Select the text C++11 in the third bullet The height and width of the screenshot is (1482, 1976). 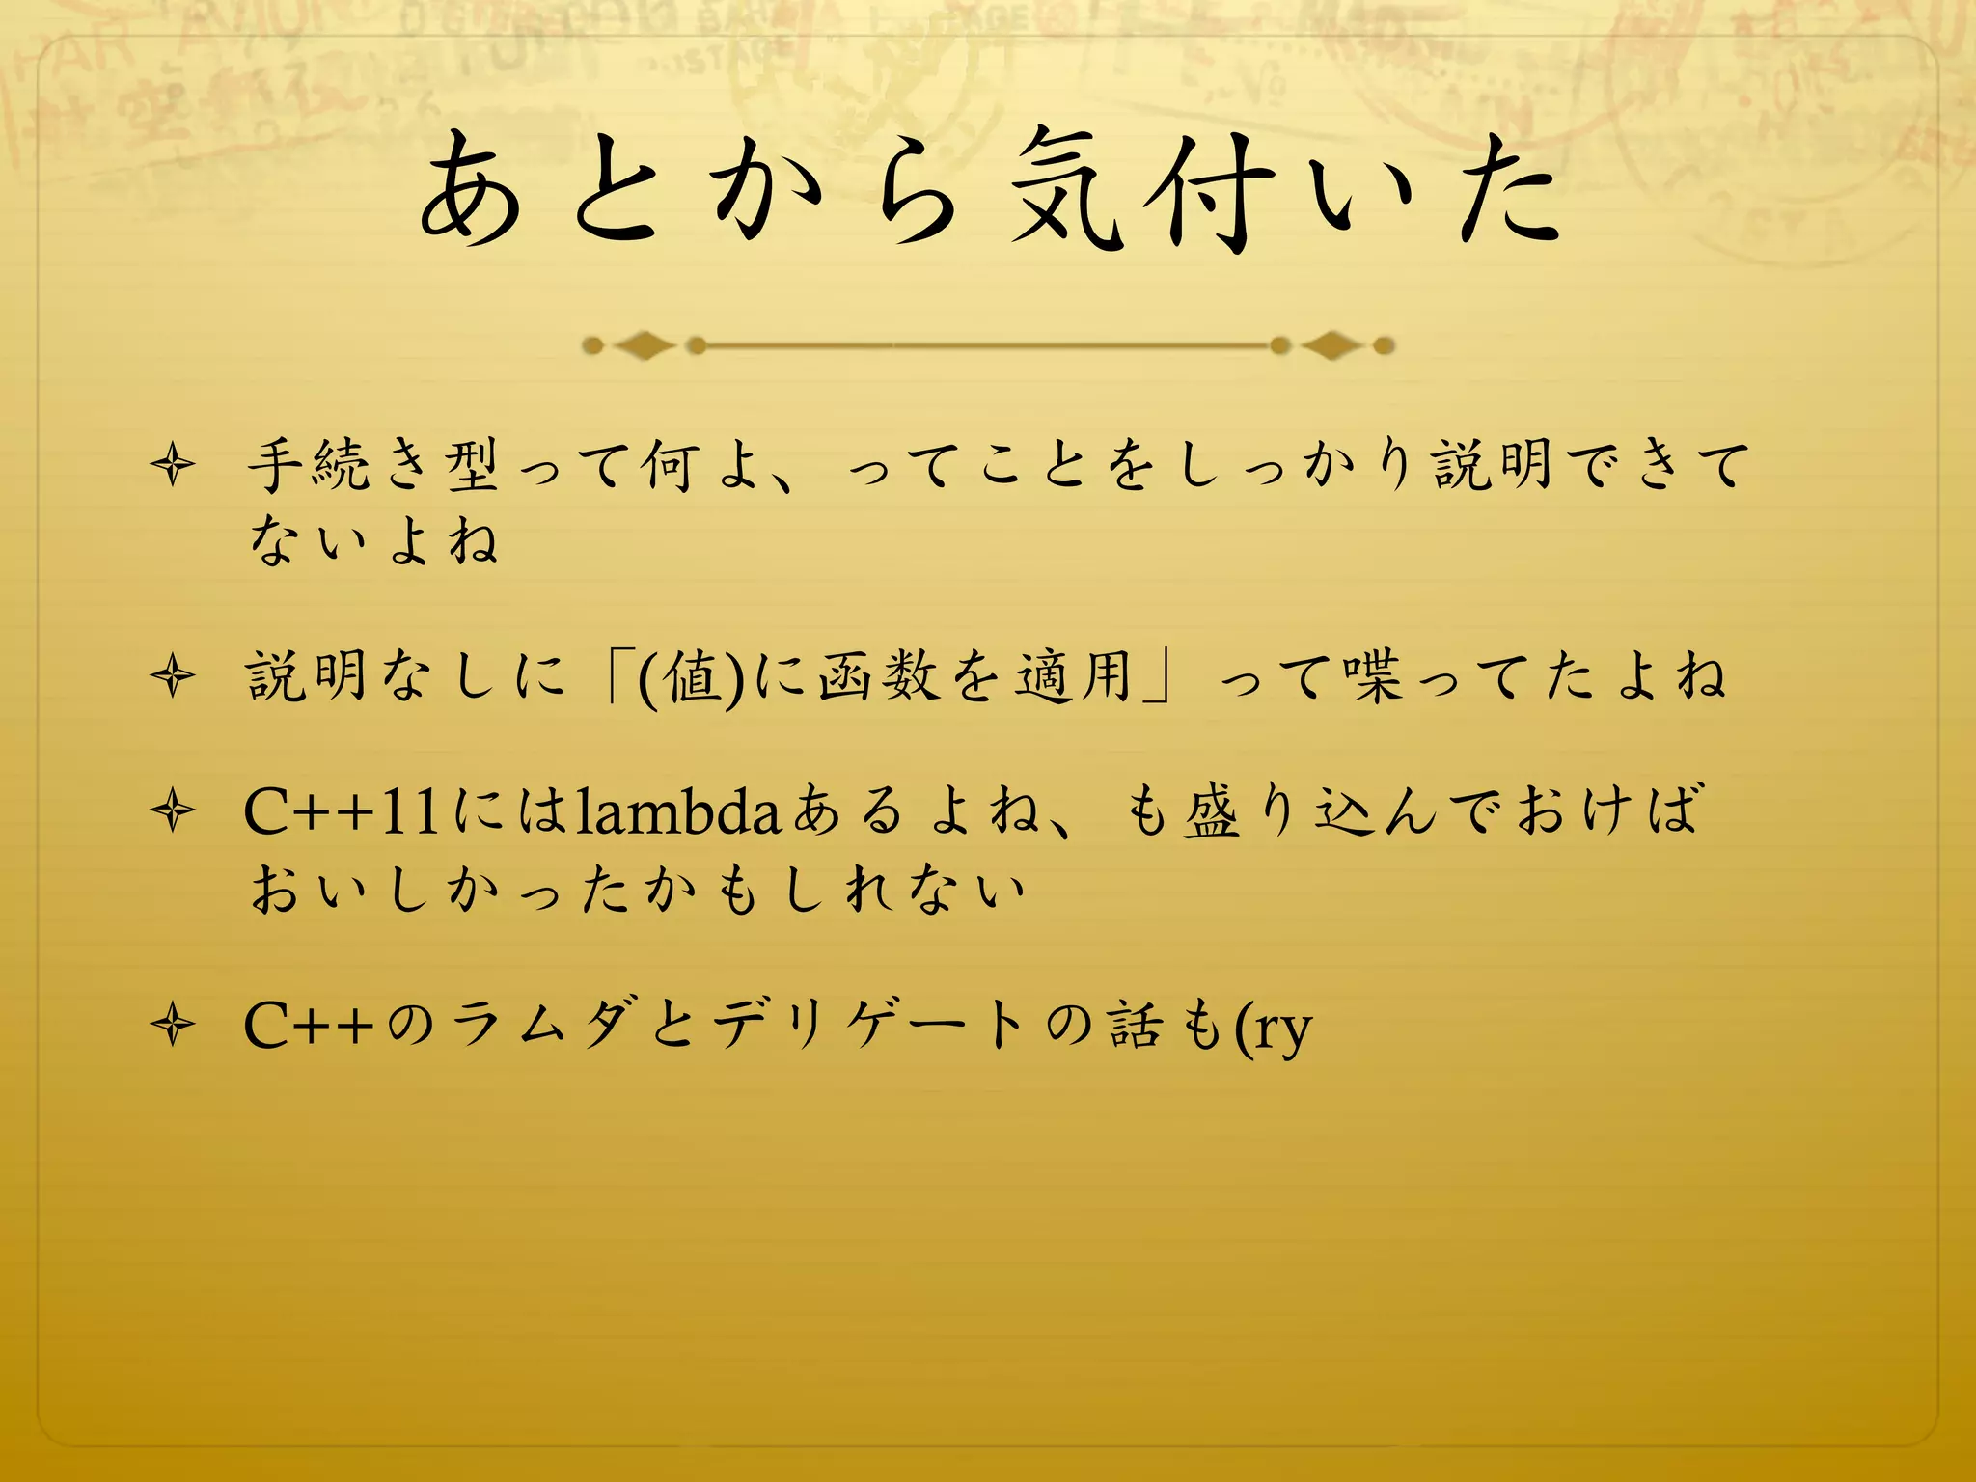tap(343, 812)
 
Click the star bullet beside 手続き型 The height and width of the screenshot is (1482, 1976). tap(174, 466)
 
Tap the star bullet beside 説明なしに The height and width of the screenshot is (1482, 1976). tap(174, 675)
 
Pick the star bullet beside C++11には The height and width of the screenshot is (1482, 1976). tap(174, 810)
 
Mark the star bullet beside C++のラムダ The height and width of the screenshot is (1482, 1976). tap(174, 1024)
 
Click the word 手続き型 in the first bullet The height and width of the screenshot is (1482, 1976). tap(373, 465)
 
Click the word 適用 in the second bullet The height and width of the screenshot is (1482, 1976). tap(1072, 675)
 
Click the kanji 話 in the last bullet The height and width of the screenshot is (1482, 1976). tap(1136, 1024)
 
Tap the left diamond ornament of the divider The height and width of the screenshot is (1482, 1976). tap(644, 344)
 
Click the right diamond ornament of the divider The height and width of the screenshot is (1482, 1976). tap(1331, 344)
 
